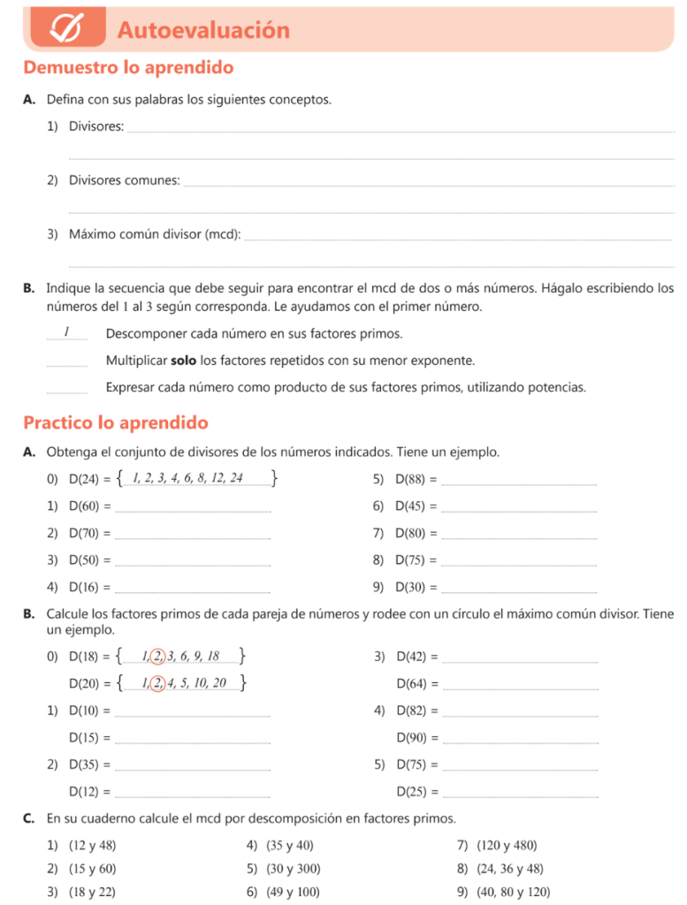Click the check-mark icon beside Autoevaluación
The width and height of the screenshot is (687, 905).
point(66,29)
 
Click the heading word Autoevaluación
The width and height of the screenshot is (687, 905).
point(203,30)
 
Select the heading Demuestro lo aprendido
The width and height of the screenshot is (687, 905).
point(128,67)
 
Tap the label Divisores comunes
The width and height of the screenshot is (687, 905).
point(124,180)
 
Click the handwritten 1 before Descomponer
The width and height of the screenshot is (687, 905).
point(66,332)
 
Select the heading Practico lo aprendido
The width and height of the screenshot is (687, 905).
point(116,422)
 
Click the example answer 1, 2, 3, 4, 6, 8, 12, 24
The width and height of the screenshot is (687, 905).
point(187,478)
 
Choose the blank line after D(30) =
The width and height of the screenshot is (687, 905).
point(518,589)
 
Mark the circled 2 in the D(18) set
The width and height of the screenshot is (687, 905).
point(157,656)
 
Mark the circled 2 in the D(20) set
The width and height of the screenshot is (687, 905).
point(157,682)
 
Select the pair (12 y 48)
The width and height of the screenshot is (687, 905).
point(92,846)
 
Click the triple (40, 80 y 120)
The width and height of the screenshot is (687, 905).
point(513,892)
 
